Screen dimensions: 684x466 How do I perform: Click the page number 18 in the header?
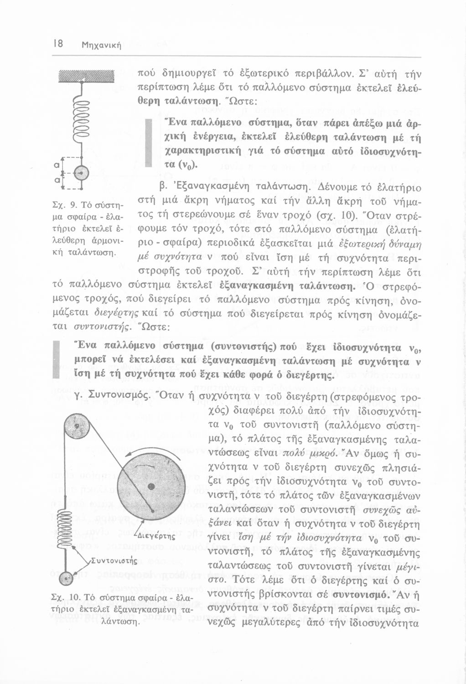click(58, 44)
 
